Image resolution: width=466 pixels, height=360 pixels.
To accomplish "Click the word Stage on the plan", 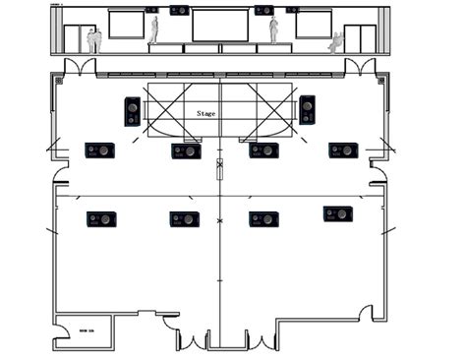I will click(x=206, y=113).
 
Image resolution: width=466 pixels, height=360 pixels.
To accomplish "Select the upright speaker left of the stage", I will click(x=132, y=111).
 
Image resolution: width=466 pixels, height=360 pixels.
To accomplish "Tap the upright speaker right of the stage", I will click(x=307, y=109).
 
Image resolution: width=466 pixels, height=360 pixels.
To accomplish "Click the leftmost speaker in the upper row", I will click(x=100, y=150).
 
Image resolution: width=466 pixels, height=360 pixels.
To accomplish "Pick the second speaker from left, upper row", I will click(x=186, y=150).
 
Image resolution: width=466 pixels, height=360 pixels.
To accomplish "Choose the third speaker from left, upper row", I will click(x=262, y=150).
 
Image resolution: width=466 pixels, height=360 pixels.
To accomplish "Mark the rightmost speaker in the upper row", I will click(x=343, y=150).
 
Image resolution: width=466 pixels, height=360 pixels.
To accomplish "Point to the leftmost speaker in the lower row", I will click(x=101, y=219).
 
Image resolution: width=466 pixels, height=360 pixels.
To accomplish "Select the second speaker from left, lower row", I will click(x=184, y=219).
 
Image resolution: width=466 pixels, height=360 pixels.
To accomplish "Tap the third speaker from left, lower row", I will click(x=263, y=219).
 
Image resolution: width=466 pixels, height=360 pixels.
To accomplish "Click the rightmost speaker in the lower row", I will click(x=337, y=213).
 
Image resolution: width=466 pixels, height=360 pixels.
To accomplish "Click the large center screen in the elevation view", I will click(x=218, y=26).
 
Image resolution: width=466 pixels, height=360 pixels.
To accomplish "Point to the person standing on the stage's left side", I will click(x=154, y=30).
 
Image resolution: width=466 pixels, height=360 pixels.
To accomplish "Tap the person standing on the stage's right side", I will click(x=273, y=30).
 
